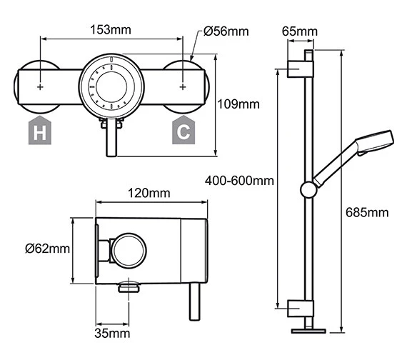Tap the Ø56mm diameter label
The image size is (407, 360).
point(226,31)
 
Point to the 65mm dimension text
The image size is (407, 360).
point(300,31)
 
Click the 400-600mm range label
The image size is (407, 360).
point(239,180)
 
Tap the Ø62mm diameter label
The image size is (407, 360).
point(47,249)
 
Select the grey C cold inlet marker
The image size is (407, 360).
point(184,130)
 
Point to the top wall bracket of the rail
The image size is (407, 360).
point(300,69)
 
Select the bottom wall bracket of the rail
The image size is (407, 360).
point(300,308)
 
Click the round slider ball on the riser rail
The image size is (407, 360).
point(308,189)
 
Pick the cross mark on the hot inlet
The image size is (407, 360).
point(40,87)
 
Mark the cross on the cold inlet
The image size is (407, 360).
point(184,87)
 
